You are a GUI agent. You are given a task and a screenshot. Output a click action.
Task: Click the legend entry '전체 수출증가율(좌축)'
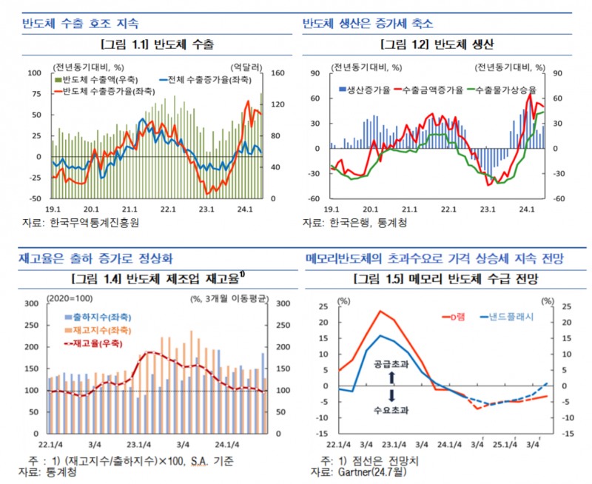click(201, 79)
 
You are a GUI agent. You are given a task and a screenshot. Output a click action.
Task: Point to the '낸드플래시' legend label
click(508, 316)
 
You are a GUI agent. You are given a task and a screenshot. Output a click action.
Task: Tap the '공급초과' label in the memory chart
click(393, 364)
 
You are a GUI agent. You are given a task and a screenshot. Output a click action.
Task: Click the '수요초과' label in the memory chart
click(393, 409)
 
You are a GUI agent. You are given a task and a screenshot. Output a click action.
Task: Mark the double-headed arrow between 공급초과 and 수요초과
click(393, 387)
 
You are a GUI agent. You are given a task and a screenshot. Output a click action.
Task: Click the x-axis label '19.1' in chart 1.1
click(53, 209)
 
